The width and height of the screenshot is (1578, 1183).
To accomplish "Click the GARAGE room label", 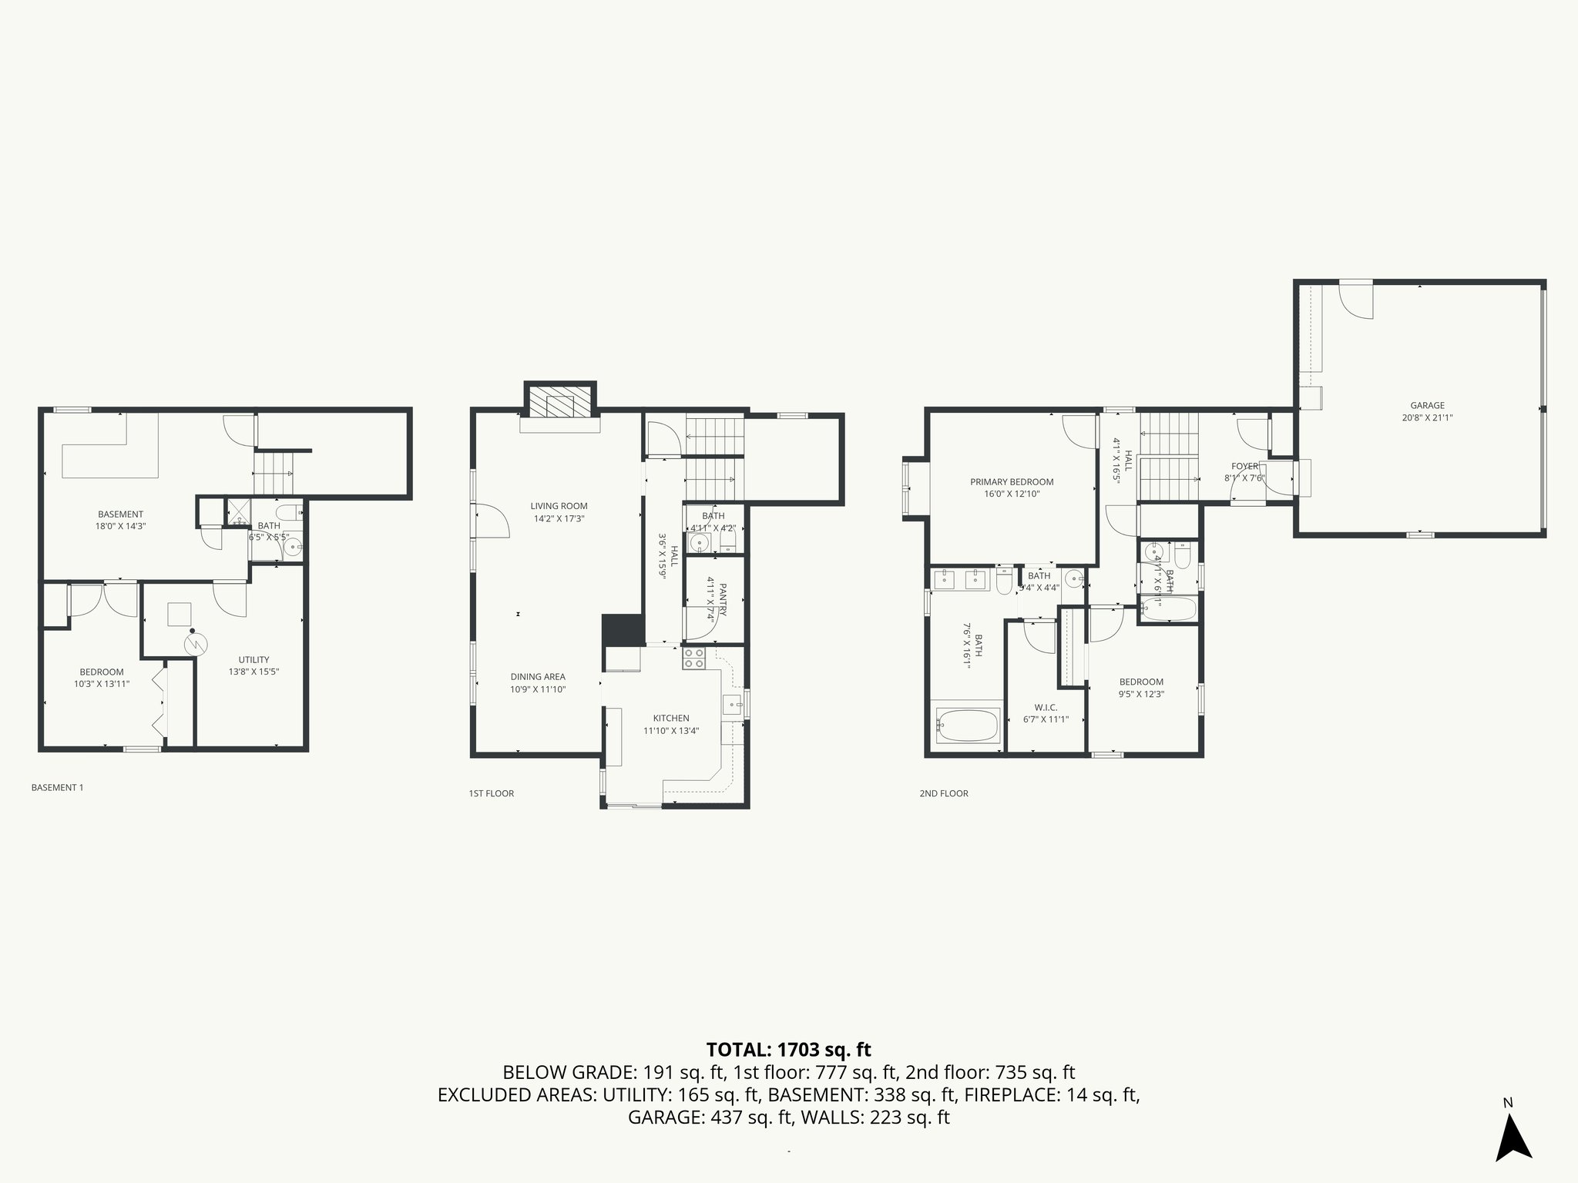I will click(1427, 405).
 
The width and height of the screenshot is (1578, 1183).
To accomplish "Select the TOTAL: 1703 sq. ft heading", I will click(788, 1049).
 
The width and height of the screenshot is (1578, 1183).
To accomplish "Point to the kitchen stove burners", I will click(693, 658).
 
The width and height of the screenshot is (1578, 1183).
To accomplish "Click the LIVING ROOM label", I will click(559, 506).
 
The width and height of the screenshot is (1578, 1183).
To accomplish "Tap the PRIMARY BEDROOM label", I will click(1011, 482).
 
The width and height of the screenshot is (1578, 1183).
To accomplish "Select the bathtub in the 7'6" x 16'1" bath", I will click(967, 725).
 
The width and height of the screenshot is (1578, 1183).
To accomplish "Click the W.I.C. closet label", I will click(1045, 707).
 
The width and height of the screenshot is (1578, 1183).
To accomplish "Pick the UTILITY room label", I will click(253, 659).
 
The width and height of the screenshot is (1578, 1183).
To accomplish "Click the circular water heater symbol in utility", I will click(196, 643).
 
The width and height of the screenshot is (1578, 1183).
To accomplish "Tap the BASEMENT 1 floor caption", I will click(57, 787).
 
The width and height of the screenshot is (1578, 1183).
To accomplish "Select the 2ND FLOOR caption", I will click(943, 793).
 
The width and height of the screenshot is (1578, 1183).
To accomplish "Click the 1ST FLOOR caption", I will click(491, 793).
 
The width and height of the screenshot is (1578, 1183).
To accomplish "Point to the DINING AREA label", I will click(538, 677).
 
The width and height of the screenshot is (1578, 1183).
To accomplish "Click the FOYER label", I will click(1244, 466).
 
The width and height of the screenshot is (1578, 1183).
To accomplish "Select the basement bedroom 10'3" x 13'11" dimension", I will click(101, 684).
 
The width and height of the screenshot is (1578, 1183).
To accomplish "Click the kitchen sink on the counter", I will click(732, 702).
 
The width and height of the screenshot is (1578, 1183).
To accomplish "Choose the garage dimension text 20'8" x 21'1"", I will click(1427, 418).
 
